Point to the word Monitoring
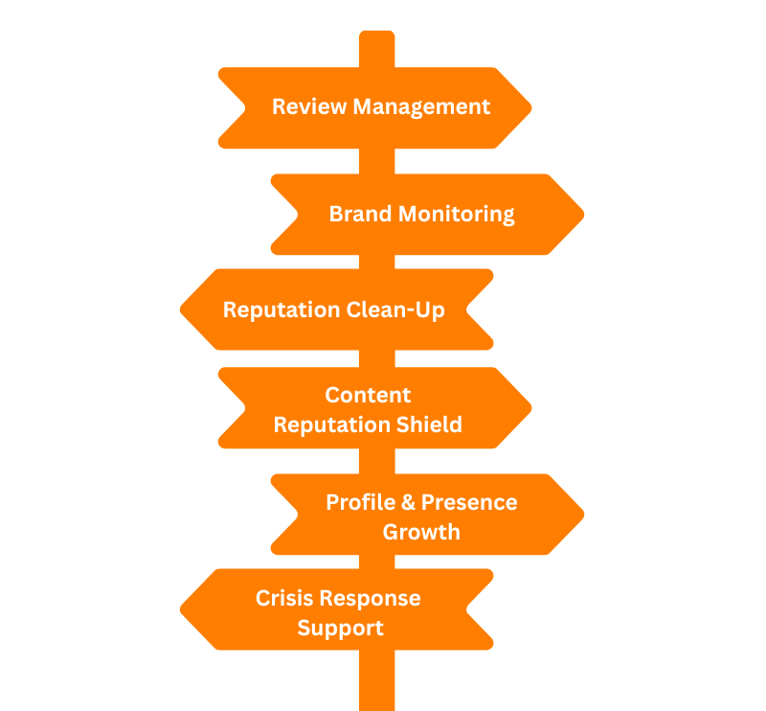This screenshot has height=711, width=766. click(x=456, y=214)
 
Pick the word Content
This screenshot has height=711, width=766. click(x=368, y=395)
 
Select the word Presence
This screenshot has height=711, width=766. click(x=469, y=502)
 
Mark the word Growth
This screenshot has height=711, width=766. click(x=421, y=532)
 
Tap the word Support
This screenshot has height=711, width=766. click(x=340, y=629)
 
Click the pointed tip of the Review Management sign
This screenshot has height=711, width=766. click(x=529, y=107)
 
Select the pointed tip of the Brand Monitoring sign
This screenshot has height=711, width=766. click(x=581, y=214)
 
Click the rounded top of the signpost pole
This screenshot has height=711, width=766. click(x=376, y=34)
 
